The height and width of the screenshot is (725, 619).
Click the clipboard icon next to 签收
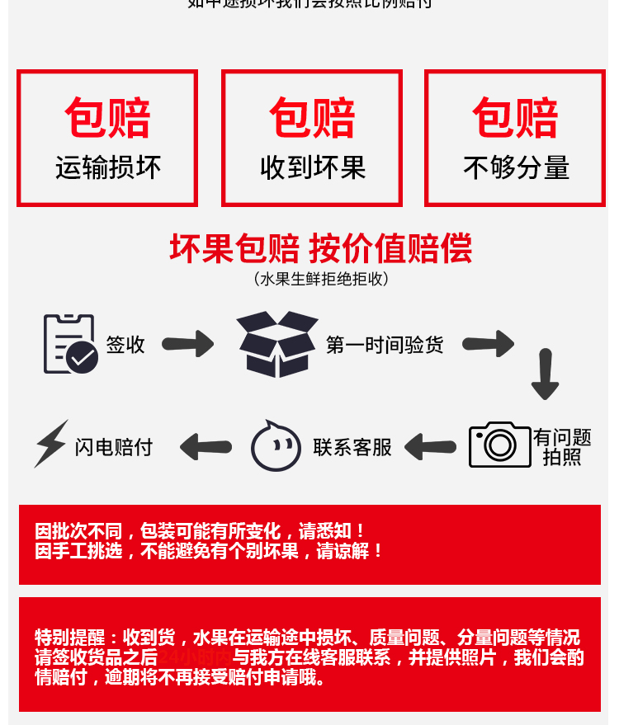(x=70, y=343)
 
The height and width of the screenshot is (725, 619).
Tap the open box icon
(x=277, y=344)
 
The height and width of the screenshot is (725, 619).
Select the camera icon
(x=499, y=445)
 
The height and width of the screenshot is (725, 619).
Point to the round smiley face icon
(x=276, y=446)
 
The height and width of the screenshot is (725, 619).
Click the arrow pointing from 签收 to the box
(x=188, y=344)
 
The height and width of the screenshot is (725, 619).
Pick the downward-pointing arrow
(x=545, y=374)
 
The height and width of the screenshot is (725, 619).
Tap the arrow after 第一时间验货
(x=488, y=344)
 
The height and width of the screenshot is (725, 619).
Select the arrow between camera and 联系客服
(x=430, y=447)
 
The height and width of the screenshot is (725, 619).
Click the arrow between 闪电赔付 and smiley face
(x=206, y=447)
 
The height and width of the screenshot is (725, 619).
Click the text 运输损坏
(x=107, y=168)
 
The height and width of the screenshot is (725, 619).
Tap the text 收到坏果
(x=312, y=168)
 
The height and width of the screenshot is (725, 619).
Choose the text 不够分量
(x=516, y=168)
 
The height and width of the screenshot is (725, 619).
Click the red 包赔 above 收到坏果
(x=312, y=118)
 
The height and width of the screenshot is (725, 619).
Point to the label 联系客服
(x=352, y=447)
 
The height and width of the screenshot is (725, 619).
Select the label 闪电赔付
(x=114, y=447)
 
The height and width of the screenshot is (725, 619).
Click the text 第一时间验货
(x=385, y=345)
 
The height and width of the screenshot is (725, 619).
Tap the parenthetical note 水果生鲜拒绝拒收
(x=320, y=279)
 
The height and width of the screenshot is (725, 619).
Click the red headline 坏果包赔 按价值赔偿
(x=320, y=247)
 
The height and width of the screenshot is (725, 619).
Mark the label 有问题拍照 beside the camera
(x=562, y=447)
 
